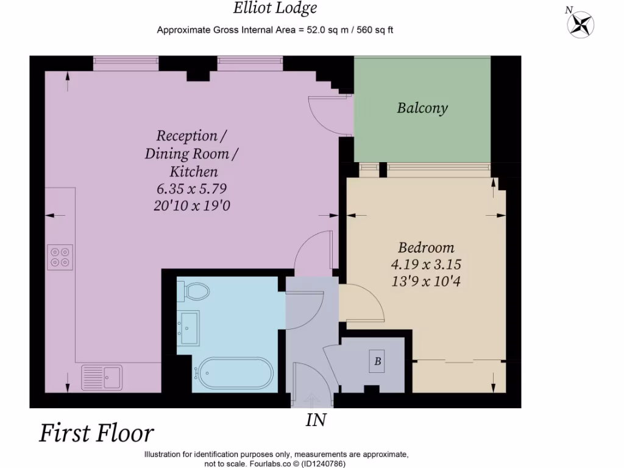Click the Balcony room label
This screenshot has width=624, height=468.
pos(422,108)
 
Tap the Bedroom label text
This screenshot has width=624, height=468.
pos(426,247)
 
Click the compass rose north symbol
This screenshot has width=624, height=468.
pos(580,24)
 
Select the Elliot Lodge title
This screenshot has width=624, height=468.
pos(275,9)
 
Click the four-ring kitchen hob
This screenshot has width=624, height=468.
pos(60,257)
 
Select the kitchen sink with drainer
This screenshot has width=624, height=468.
pos(102,377)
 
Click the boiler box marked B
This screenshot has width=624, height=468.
pos(377,361)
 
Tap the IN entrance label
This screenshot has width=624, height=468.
pos(316,420)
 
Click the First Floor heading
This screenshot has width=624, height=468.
pos(96,433)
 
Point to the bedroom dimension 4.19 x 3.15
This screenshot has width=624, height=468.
pos(426,264)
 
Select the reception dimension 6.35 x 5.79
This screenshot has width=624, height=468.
pos(192,188)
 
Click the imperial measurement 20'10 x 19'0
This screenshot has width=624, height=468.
pos(192,206)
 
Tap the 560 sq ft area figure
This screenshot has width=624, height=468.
pos(375,30)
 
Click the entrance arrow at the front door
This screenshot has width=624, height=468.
pos(312,399)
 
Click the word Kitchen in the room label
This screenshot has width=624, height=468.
pos(194,171)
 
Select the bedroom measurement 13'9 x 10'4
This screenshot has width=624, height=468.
pos(426,282)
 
